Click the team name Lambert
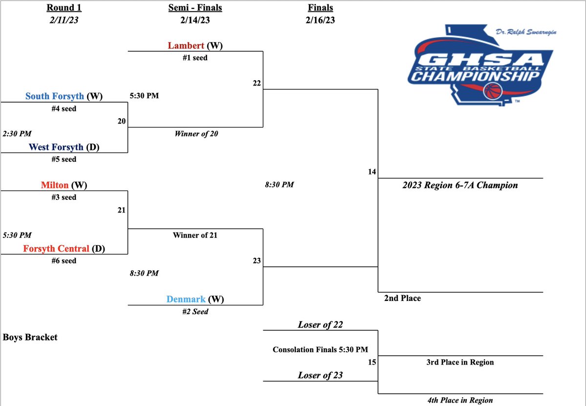click(x=186, y=45)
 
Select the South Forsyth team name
click(x=55, y=96)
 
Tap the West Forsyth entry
click(x=56, y=147)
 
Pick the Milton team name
click(x=55, y=185)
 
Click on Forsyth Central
click(x=56, y=249)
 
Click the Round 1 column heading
click(x=64, y=8)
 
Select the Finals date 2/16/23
click(x=321, y=21)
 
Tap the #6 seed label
click(x=64, y=261)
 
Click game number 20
click(x=122, y=121)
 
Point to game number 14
click(x=373, y=171)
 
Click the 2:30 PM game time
click(x=17, y=133)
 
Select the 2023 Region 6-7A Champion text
click(x=460, y=185)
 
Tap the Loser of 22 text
click(x=320, y=324)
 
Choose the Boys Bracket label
click(x=30, y=337)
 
